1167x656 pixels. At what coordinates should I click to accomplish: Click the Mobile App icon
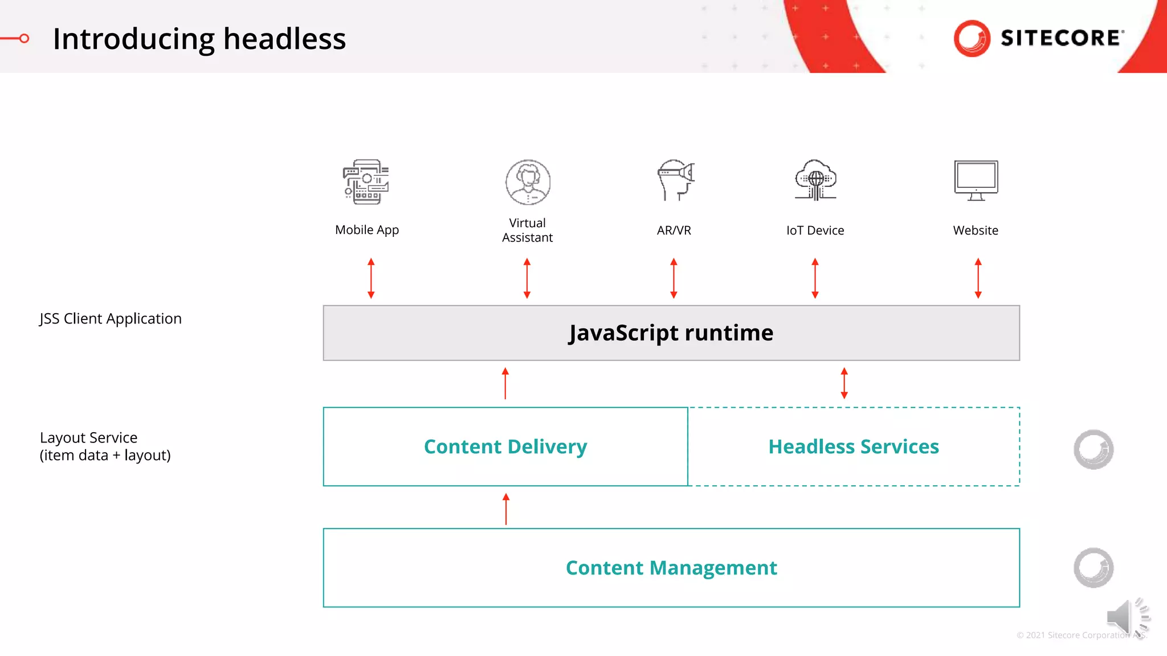click(366, 182)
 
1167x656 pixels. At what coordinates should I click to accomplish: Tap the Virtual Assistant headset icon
click(528, 182)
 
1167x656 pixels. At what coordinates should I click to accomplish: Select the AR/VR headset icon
click(675, 180)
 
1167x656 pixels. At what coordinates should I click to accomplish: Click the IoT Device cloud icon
click(815, 180)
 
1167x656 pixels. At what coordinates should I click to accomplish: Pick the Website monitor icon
click(976, 181)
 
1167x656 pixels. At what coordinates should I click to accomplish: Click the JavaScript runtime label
click(671, 333)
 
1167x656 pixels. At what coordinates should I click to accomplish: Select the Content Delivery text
click(505, 446)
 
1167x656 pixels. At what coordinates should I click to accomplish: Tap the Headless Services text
click(853, 446)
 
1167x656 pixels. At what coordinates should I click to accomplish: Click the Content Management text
click(671, 568)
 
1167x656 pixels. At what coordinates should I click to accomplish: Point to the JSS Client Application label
click(111, 318)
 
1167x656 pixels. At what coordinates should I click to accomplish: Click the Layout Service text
click(89, 437)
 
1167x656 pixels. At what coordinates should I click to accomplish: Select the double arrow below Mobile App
click(371, 278)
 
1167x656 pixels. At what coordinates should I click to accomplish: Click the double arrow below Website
click(978, 278)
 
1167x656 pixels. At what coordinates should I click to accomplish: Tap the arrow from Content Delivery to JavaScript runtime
click(505, 383)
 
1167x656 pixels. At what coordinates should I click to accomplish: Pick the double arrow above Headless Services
click(844, 383)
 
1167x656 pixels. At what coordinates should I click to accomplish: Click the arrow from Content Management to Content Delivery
click(505, 509)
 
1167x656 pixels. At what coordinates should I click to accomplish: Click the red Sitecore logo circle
click(972, 38)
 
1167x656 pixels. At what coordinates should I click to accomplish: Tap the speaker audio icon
click(1125, 618)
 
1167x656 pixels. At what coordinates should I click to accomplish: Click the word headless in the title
click(284, 39)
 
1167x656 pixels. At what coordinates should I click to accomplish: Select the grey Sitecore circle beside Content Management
click(1093, 568)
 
